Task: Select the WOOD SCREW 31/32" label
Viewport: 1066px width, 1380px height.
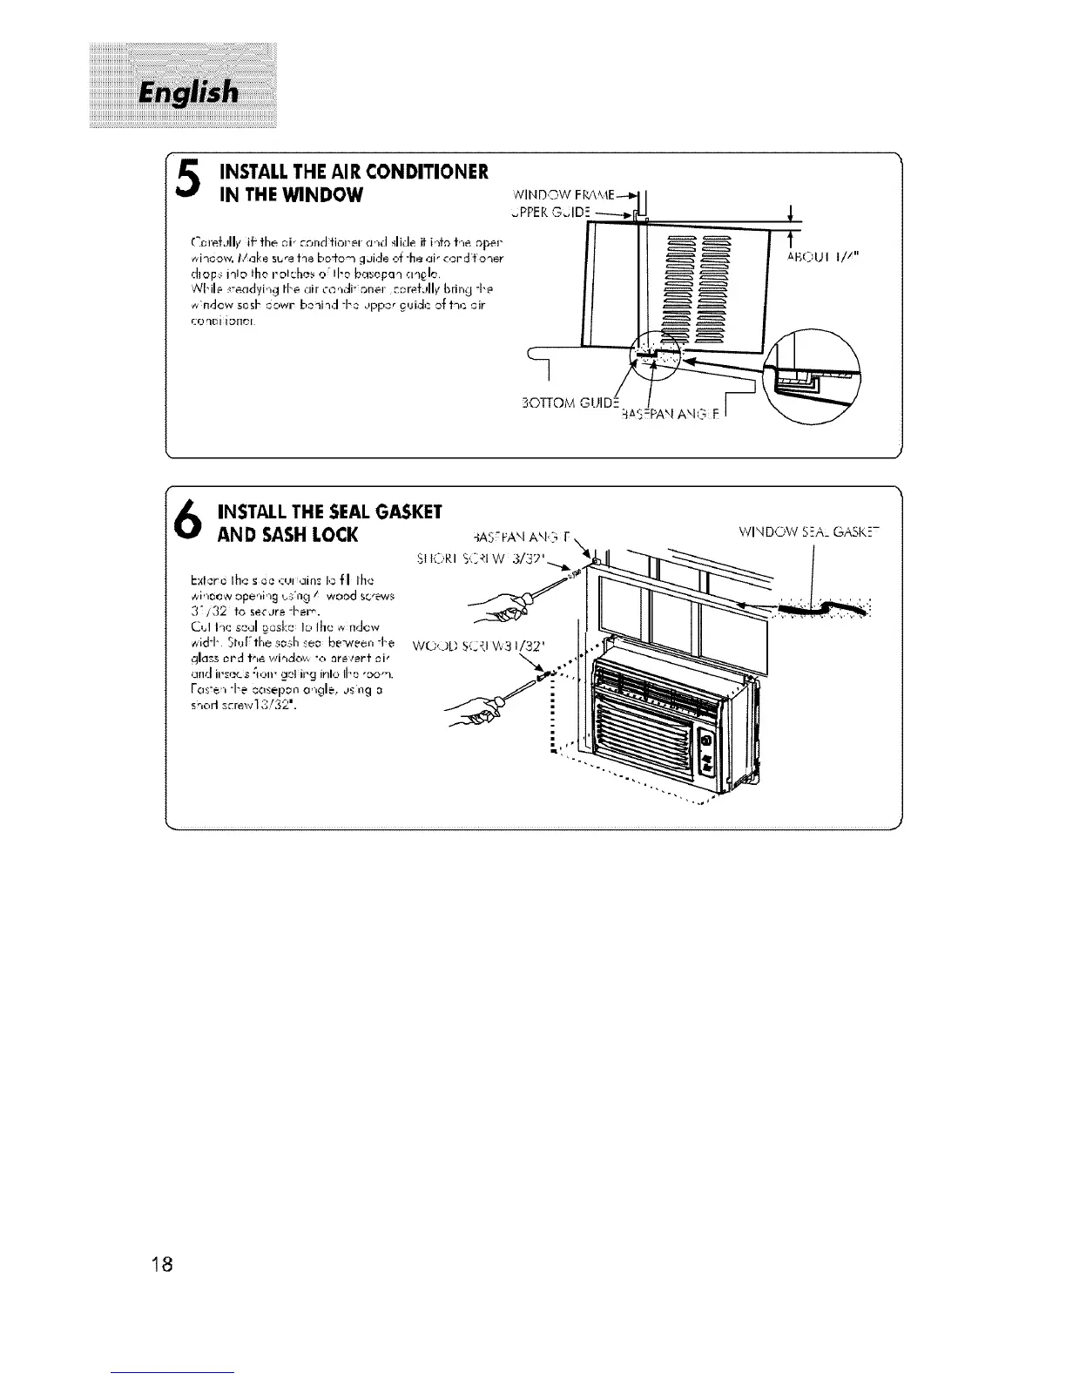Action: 497,646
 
